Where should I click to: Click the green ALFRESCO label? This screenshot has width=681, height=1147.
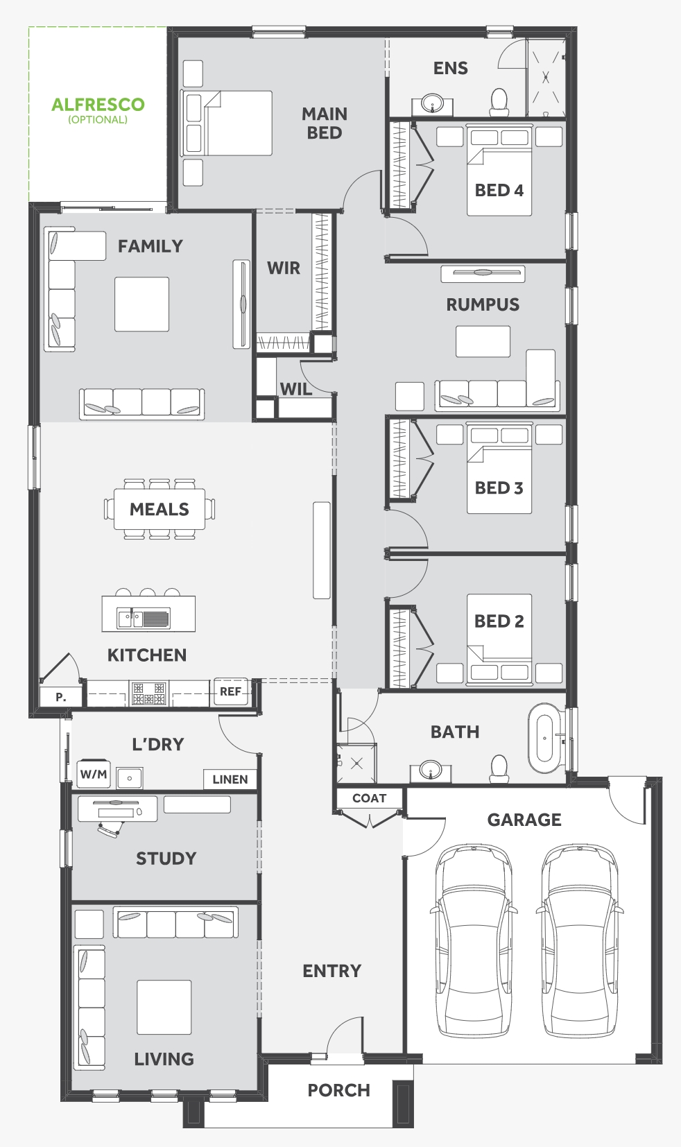pos(98,105)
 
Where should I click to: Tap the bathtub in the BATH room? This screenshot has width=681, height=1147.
pos(545,738)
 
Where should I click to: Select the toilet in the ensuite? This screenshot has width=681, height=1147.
pos(499,102)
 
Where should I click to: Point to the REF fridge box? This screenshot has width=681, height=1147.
pos(230,692)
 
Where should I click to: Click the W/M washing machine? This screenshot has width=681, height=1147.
pos(93,774)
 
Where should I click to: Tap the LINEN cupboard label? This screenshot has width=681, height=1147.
pos(230,779)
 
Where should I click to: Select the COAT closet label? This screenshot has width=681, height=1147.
pos(369,798)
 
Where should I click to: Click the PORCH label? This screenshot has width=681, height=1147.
pos(338,1090)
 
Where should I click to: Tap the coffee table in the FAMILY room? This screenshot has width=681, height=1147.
pos(142,304)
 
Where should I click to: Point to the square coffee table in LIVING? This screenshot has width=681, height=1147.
pos(164,1007)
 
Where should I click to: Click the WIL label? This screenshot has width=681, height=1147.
pos(296,389)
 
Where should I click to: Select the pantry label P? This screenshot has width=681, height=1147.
pos(61,697)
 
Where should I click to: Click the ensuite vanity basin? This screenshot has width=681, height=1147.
pos(433,104)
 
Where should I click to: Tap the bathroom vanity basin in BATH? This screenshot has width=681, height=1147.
pos(431,770)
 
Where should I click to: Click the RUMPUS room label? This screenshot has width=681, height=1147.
pos(483,304)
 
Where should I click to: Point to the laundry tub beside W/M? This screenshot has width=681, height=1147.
pos(130,778)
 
